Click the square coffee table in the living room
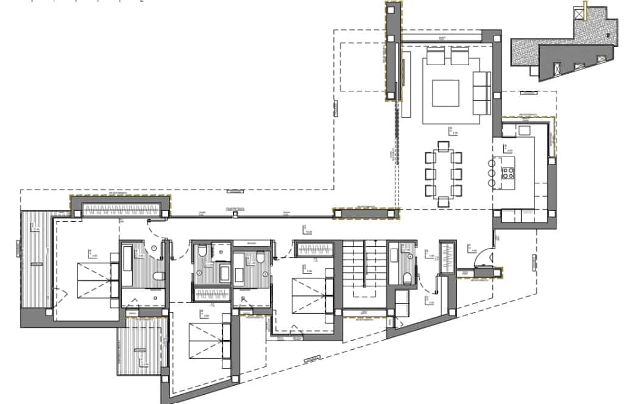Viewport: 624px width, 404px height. click(x=445, y=92)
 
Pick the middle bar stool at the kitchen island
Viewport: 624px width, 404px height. click(x=491, y=173)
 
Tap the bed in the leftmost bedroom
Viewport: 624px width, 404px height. click(x=91, y=280)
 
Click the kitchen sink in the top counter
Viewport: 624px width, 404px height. click(x=525, y=129)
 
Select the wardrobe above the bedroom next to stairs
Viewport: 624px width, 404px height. click(x=314, y=249)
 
